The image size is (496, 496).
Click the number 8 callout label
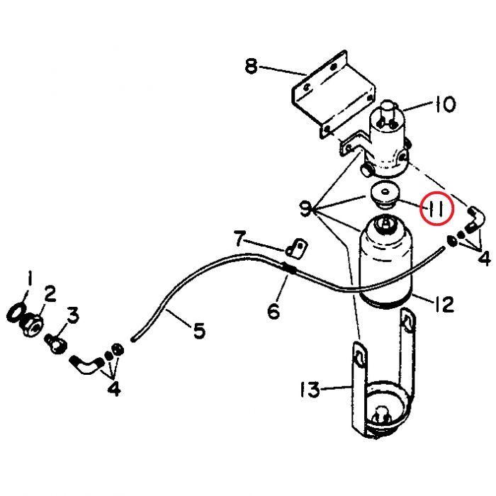tap(252, 67)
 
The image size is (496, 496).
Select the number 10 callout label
tap(446, 104)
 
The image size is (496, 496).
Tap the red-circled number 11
tap(437, 208)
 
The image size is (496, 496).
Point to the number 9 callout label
tap(305, 209)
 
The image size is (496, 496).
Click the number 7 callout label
tap(239, 239)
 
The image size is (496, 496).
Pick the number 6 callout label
tap(274, 310)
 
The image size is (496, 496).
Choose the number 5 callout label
tap(199, 331)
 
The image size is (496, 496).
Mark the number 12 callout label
tap(444, 304)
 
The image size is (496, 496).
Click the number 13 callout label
tap(310, 390)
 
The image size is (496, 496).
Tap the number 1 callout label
tap(30, 279)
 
